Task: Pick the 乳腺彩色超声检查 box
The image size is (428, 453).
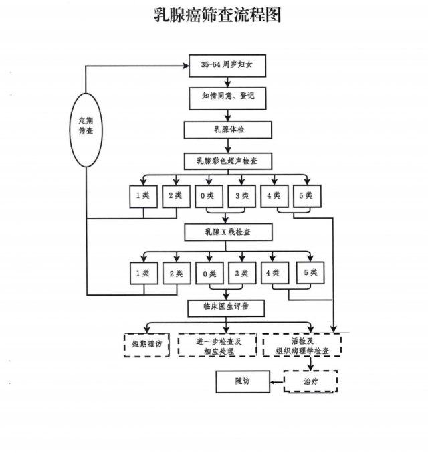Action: [227, 161]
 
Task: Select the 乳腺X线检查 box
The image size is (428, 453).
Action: [227, 232]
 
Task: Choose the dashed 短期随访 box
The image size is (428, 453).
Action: [146, 345]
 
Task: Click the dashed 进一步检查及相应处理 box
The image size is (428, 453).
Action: [217, 345]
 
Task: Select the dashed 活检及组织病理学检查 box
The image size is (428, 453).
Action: [302, 345]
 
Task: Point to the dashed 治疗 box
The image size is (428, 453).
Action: [310, 382]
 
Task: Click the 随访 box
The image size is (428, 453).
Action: [242, 382]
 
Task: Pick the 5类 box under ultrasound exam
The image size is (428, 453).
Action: [308, 196]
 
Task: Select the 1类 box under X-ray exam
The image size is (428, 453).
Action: [142, 273]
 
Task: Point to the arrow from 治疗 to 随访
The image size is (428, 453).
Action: [276, 382]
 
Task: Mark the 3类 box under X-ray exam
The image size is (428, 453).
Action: [241, 273]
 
